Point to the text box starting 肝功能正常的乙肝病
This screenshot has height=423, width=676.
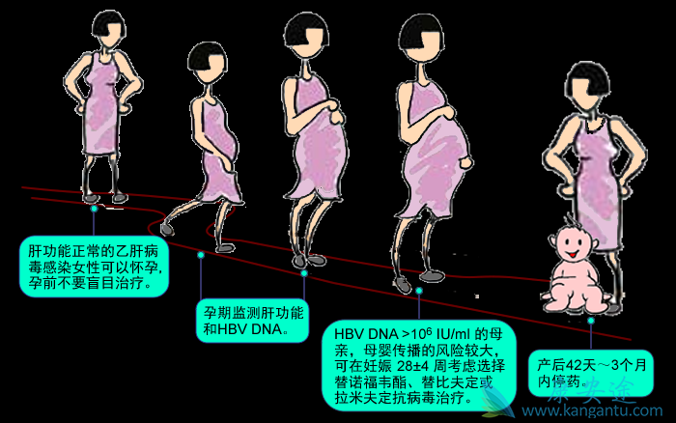pyautogui.click(x=95, y=260)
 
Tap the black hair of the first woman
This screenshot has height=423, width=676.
pyautogui.click(x=105, y=24)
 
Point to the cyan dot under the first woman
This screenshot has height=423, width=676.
pyautogui.click(x=94, y=207)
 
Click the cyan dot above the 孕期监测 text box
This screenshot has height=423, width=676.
pyautogui.click(x=201, y=255)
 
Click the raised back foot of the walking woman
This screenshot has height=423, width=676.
pyautogui.click(x=170, y=227)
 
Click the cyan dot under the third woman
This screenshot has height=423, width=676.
pyautogui.click(x=303, y=273)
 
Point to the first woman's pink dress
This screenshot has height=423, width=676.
pyautogui.click(x=101, y=116)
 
